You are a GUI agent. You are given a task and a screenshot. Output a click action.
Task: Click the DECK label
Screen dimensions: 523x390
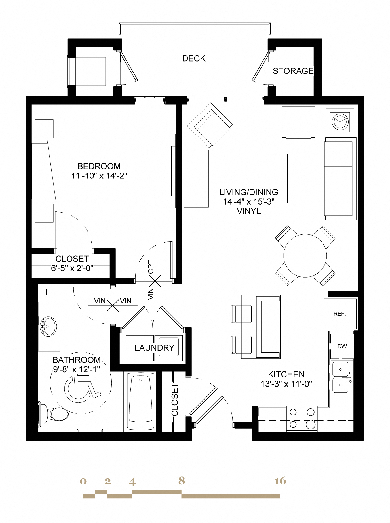(x=194, y=58)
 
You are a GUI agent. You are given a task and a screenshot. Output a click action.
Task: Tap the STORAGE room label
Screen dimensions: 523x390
(x=293, y=71)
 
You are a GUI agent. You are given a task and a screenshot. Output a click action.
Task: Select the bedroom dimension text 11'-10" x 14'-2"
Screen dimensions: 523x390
(x=99, y=176)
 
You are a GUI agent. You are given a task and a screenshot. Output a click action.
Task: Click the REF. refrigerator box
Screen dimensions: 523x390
(x=340, y=314)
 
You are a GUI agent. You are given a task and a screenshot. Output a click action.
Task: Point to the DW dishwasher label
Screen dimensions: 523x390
(x=342, y=346)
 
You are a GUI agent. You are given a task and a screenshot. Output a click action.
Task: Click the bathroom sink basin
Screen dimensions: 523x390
(x=49, y=326)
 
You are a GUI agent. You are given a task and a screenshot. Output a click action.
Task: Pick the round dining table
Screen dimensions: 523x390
(x=305, y=256)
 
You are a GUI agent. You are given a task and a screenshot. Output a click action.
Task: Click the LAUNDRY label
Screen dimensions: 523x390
(x=154, y=348)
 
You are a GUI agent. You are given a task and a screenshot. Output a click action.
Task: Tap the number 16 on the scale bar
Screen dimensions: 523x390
(x=280, y=481)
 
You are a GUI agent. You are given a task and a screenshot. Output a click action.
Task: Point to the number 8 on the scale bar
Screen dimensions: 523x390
(x=182, y=480)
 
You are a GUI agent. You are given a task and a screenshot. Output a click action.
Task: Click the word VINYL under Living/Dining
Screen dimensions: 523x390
(x=249, y=211)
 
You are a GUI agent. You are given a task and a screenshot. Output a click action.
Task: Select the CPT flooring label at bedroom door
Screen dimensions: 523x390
(x=151, y=267)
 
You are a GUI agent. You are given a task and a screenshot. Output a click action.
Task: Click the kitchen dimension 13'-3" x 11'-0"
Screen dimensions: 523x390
(x=286, y=384)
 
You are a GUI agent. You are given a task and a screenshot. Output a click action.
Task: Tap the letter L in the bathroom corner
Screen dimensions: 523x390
(x=48, y=293)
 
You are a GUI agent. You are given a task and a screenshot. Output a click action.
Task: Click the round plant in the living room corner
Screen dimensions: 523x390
(x=340, y=122)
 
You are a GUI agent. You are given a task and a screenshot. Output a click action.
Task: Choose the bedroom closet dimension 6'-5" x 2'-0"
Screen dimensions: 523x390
(x=72, y=268)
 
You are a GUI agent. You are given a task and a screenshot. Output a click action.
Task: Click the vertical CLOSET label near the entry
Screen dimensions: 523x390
(x=175, y=400)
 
